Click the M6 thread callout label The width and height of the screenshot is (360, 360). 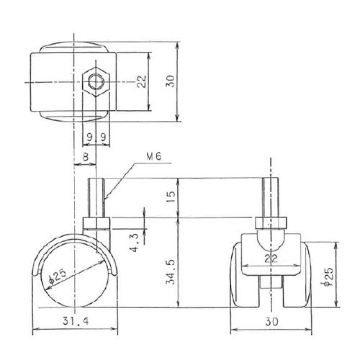[x=154, y=157]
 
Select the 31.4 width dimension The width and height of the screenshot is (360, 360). [x=76, y=321]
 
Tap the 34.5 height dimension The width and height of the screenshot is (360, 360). [x=171, y=271]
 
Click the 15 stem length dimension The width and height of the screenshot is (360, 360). [x=171, y=197]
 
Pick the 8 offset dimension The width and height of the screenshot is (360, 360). [x=86, y=157]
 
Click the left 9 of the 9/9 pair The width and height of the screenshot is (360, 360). [x=89, y=138]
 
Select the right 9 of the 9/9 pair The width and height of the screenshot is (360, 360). [x=103, y=138]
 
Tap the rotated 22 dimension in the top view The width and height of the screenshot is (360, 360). [x=142, y=81]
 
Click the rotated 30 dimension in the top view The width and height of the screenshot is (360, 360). [x=171, y=81]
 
